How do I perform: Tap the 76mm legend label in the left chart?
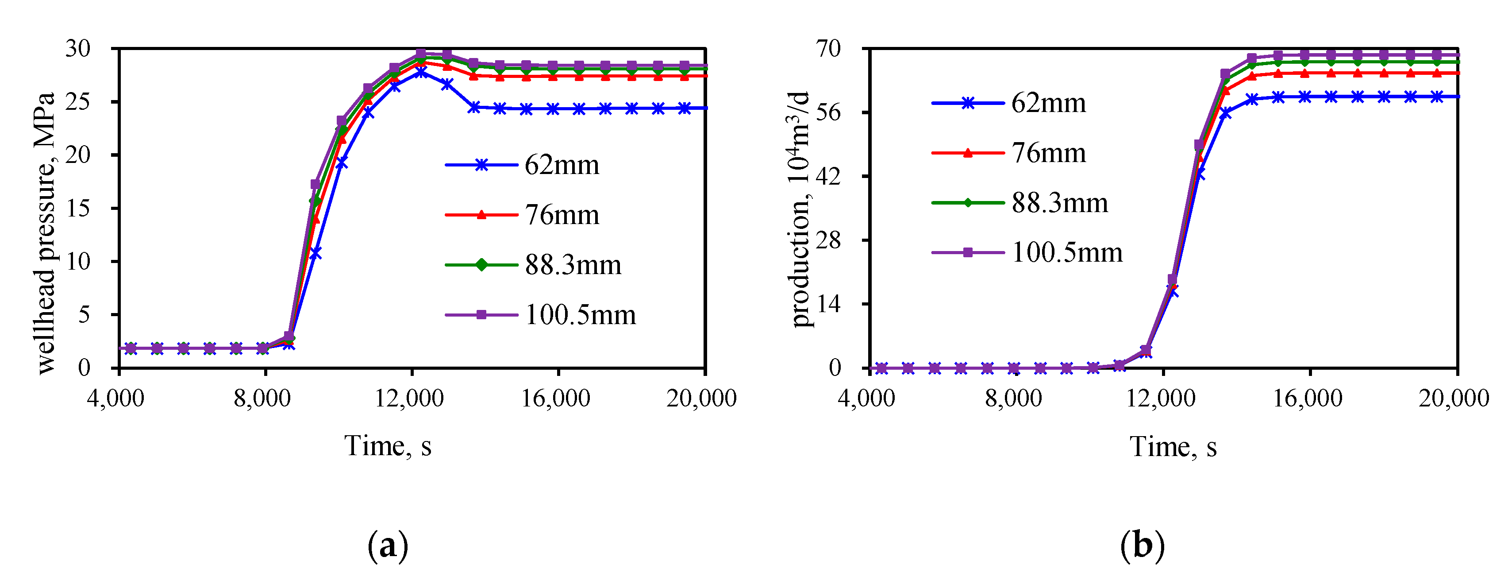tap(561, 215)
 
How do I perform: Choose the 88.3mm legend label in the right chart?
tap(1059, 203)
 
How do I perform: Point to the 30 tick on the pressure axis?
tap(78, 48)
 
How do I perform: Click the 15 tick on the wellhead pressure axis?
tap(78, 208)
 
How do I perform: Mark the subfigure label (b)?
tap(1142, 547)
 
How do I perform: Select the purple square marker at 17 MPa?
tap(315, 185)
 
